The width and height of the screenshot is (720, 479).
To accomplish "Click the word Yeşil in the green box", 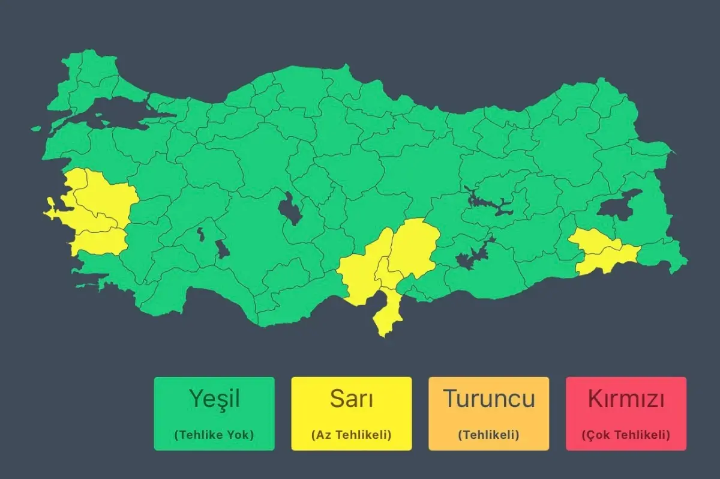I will coord(214,399).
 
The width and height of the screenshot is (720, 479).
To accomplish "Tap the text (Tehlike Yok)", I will coord(214,435).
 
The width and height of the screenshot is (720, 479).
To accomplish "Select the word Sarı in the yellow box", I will coord(352,399).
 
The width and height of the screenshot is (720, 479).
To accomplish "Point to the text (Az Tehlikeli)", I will coord(352,435).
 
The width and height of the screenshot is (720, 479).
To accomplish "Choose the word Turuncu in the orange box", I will coord(488,399).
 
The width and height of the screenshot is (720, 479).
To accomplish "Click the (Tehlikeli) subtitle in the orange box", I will coord(488,435).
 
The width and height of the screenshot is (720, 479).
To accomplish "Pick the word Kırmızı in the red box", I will coord(626,399).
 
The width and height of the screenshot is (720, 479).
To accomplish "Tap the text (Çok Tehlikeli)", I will coord(626,435).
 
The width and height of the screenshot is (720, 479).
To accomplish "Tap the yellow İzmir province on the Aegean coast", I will coord(72,207).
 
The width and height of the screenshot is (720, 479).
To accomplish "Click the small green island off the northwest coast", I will coord(36,128).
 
